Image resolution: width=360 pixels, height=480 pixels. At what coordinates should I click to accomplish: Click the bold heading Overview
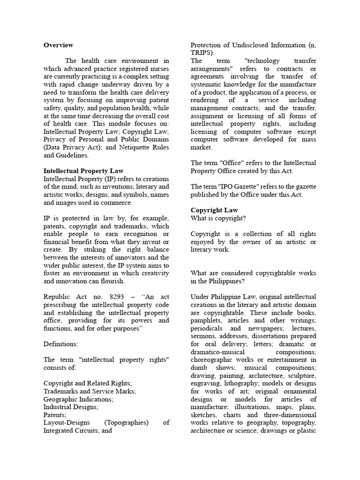[59, 45]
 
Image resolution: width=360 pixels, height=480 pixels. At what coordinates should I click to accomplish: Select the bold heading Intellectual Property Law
[83, 171]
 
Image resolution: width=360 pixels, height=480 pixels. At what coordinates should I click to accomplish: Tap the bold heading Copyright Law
[214, 210]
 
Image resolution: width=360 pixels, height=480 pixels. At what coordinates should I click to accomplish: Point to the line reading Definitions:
[60, 344]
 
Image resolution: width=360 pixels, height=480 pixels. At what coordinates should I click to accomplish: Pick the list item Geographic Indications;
[78, 399]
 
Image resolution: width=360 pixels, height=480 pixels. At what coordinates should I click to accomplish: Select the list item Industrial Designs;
[71, 407]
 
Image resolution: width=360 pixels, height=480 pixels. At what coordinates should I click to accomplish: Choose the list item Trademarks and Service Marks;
[90, 391]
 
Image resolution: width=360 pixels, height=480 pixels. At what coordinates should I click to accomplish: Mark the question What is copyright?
[218, 218]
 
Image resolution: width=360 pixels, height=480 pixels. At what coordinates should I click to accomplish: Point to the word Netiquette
[124, 147]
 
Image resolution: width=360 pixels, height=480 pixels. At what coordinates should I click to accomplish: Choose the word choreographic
[216, 360]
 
